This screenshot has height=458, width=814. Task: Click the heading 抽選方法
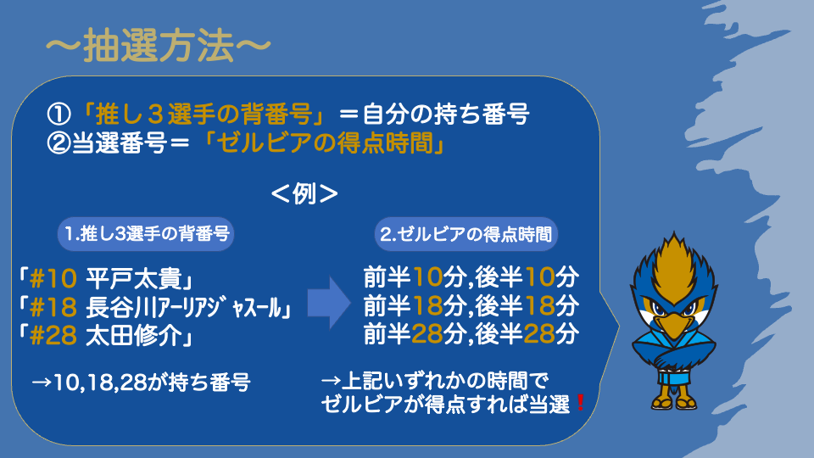point(159,45)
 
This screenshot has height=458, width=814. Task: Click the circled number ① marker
point(59,114)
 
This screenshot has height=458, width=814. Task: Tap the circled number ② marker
point(59,142)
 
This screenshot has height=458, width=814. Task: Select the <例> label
point(304,194)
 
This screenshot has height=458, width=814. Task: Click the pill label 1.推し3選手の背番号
point(146,234)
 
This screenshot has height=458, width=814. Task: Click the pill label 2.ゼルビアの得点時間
point(466,234)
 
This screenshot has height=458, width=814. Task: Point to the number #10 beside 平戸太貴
point(53,279)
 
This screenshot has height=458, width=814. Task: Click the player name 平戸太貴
point(133,279)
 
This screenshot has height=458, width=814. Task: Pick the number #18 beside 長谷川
point(53,307)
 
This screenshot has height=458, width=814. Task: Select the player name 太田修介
point(133,336)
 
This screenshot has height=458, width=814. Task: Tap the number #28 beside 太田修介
point(53,336)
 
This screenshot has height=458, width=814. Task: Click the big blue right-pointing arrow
point(329,303)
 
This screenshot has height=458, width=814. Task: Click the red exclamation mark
point(580,403)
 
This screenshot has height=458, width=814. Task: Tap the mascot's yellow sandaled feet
point(673,402)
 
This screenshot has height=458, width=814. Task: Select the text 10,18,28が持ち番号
point(152,383)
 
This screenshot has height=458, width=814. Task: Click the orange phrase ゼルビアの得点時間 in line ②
point(325,142)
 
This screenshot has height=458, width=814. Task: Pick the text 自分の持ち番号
point(446,114)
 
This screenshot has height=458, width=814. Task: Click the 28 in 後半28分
point(539,334)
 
